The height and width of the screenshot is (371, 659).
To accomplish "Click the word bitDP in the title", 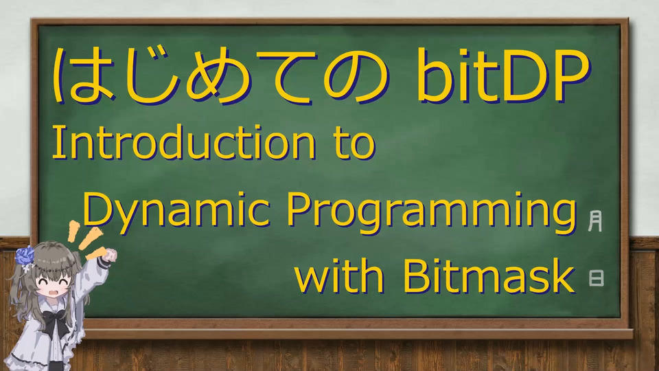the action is [503, 76].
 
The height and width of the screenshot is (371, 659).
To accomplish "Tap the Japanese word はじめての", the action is [220, 76].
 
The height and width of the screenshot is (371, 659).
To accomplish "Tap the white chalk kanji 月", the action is [595, 221].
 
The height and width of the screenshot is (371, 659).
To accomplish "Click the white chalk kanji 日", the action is [597, 278].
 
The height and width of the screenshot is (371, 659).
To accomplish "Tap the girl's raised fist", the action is [110, 255].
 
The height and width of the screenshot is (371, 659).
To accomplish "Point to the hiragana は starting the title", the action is [83, 76].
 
